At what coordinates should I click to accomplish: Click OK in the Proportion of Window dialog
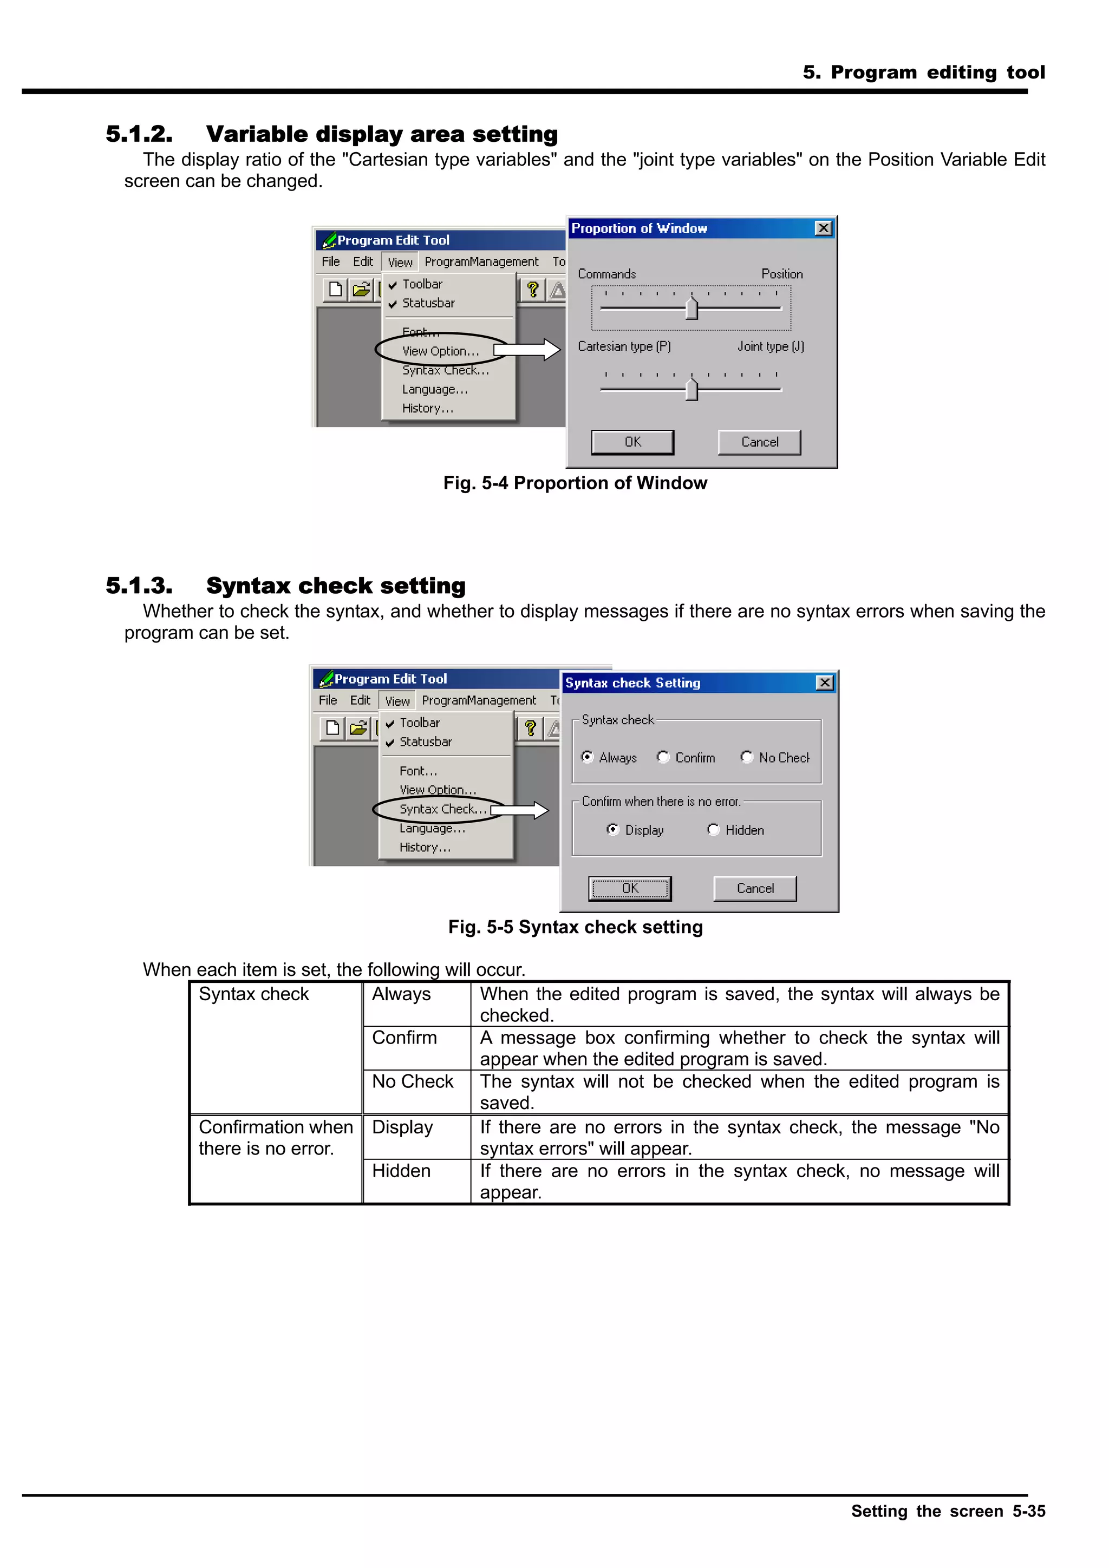click(632, 442)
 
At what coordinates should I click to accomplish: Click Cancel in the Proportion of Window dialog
click(759, 442)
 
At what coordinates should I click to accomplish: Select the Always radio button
click(587, 757)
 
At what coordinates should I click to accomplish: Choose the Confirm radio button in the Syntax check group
click(663, 757)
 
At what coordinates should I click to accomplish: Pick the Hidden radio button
click(713, 829)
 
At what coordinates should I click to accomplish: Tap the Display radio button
click(613, 829)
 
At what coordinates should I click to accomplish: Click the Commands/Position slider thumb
click(692, 309)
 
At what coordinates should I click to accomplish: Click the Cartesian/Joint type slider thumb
click(692, 390)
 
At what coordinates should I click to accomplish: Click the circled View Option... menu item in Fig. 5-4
click(440, 351)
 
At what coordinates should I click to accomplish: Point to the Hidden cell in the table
click(401, 1171)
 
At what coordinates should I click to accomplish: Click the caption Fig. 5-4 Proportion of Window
click(575, 483)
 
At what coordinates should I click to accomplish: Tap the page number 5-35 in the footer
click(1028, 1511)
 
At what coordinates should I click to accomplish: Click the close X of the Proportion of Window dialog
click(824, 228)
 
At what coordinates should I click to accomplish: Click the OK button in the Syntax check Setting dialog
click(629, 888)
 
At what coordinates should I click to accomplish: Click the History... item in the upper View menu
click(427, 409)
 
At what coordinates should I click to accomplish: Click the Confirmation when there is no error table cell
click(276, 1137)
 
